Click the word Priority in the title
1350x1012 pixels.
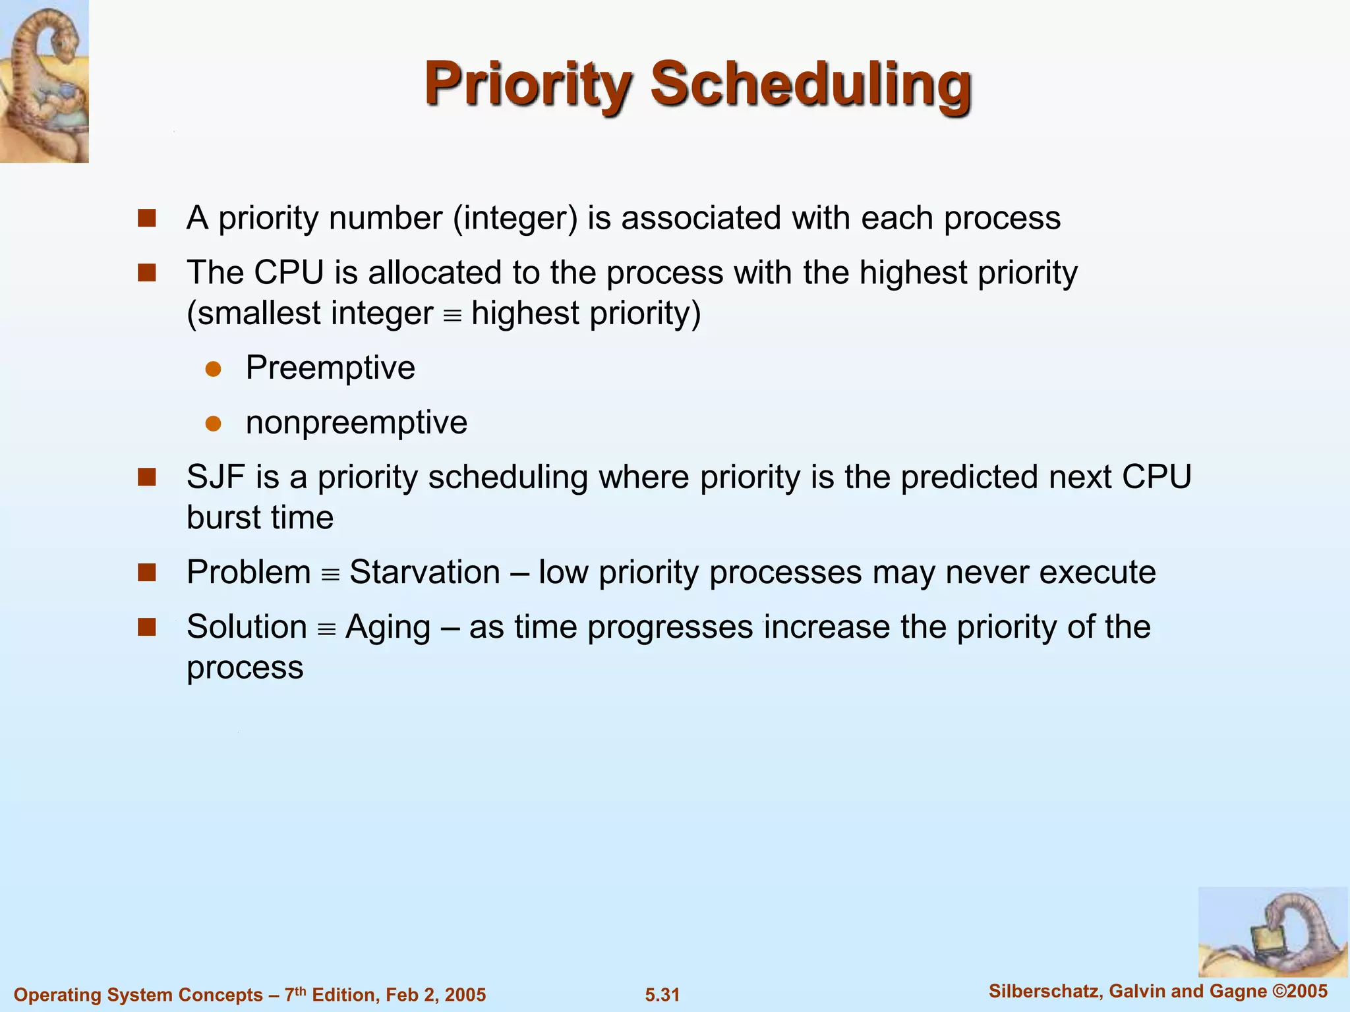528,84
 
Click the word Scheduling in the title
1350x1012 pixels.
811,84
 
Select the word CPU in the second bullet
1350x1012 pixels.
289,273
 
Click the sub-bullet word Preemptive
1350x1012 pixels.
330,368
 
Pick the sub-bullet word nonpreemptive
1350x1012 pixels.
357,422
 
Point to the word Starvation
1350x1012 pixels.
425,572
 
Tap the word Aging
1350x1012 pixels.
388,627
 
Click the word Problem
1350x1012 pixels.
249,572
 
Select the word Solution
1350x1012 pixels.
247,627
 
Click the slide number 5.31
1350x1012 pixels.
662,995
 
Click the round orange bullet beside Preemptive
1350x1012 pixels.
213,369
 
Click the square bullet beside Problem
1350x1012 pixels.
146,573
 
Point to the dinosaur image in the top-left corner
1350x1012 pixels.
44,81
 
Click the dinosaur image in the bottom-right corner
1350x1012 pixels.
1272,932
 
